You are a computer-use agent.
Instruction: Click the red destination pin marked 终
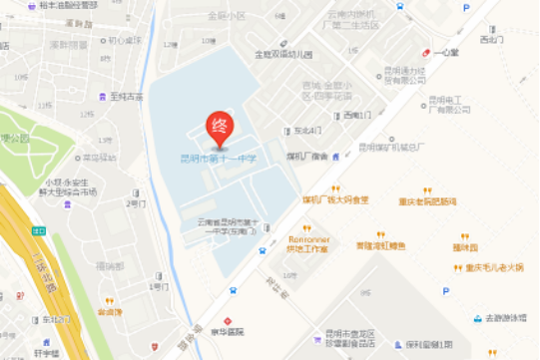click(219, 126)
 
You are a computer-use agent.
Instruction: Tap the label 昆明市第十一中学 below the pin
click(219, 157)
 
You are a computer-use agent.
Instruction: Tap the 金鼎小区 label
click(226, 16)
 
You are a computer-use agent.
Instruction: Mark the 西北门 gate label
click(491, 40)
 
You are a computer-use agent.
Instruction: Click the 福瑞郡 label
click(109, 266)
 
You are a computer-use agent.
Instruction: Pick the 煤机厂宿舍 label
click(307, 157)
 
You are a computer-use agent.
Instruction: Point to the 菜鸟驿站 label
click(99, 157)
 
